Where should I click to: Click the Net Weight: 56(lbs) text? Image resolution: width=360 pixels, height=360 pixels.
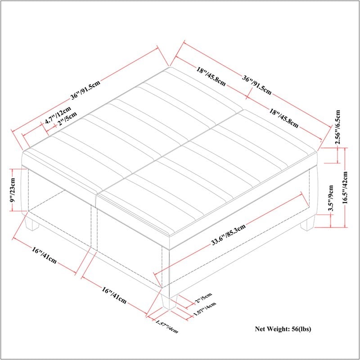283,329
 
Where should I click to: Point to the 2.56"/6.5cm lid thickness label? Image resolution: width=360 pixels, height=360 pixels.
337,127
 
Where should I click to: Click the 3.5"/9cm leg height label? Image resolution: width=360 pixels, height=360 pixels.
331,198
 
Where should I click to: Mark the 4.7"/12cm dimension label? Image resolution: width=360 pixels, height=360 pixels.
58,115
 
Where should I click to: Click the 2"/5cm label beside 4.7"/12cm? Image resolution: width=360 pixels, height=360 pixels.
67,119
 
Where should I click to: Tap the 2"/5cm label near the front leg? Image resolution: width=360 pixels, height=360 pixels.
203,298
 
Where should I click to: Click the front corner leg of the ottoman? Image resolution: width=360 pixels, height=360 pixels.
169,301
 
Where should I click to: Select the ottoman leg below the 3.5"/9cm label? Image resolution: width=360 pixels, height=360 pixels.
308,222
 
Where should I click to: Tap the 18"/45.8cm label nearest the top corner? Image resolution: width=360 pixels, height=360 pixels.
211,76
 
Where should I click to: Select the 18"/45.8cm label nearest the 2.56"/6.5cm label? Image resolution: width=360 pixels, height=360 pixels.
284,118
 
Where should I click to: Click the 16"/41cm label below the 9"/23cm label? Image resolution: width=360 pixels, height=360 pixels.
44,255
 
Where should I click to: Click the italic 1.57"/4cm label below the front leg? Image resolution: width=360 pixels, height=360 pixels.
166,326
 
